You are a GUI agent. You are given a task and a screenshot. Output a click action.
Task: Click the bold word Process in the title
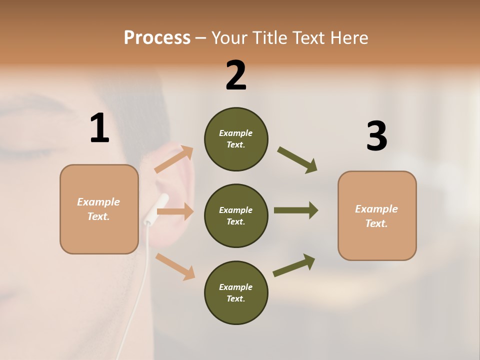point(157,38)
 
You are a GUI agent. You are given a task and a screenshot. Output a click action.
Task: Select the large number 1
point(99,129)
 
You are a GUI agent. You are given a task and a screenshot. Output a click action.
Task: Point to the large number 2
point(236,75)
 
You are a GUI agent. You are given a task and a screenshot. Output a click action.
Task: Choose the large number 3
point(376,136)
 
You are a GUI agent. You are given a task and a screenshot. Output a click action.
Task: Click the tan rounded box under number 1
point(99,209)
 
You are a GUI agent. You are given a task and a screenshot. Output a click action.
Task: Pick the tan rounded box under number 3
point(377,215)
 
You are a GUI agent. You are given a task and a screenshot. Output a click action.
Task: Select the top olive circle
point(236,139)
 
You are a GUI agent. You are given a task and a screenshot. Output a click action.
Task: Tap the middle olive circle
point(236,215)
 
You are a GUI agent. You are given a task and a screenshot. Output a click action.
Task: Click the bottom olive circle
point(236,292)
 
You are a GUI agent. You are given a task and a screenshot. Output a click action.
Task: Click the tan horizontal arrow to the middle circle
point(175,211)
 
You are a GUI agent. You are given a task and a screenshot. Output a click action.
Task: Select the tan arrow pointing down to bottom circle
point(175,266)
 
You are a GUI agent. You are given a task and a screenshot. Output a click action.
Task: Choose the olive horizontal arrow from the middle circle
point(295,210)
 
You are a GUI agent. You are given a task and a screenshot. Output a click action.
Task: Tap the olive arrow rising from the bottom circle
point(294,265)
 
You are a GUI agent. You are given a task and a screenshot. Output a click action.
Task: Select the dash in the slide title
point(201,38)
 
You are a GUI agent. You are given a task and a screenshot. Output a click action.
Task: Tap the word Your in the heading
point(230,38)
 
